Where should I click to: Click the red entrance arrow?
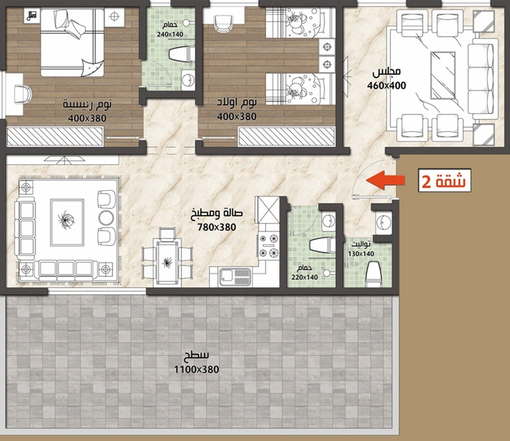[386, 180]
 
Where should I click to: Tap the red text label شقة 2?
[444, 181]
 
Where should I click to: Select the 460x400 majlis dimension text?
[387, 85]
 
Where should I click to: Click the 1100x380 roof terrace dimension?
[196, 370]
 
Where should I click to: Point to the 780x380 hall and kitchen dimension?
[217, 227]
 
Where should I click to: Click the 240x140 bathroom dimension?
[170, 34]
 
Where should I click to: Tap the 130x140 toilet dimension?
[361, 254]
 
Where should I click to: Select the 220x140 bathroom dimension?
[305, 277]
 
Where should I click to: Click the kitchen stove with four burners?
[269, 245]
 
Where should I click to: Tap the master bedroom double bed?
[72, 43]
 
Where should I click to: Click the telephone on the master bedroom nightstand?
[32, 15]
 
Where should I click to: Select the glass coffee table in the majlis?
[443, 75]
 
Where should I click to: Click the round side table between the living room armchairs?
[106, 217]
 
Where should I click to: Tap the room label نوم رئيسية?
[87, 104]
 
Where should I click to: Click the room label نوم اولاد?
[237, 102]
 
